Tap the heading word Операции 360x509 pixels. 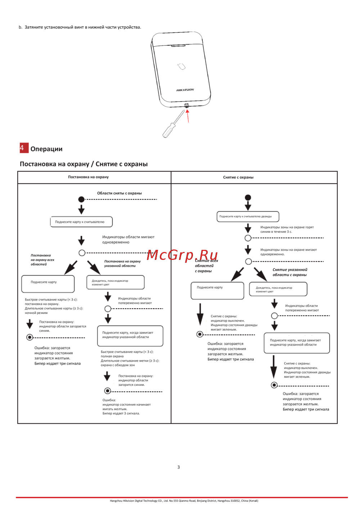click(x=46, y=149)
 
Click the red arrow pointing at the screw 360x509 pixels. click(x=188, y=116)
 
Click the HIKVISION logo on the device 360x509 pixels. click(x=185, y=90)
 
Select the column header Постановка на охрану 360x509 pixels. click(x=88, y=177)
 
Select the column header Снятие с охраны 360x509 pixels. click(x=238, y=177)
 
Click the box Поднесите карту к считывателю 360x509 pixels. click(x=81, y=222)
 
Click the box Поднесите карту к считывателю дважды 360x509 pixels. click(x=248, y=216)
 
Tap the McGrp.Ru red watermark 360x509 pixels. click(x=183, y=255)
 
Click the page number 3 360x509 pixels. click(x=179, y=467)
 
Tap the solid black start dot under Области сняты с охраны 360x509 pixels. click(x=81, y=199)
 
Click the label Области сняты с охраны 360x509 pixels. click(x=120, y=193)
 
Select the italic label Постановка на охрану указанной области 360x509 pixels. click(x=122, y=263)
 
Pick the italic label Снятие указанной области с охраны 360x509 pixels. click(x=290, y=272)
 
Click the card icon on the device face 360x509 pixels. click(x=181, y=66)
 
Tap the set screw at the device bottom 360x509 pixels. click(x=186, y=105)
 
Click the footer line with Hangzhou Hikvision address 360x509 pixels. click(x=184, y=501)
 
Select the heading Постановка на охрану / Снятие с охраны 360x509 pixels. click(x=84, y=164)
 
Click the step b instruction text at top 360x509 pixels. click(x=80, y=27)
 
